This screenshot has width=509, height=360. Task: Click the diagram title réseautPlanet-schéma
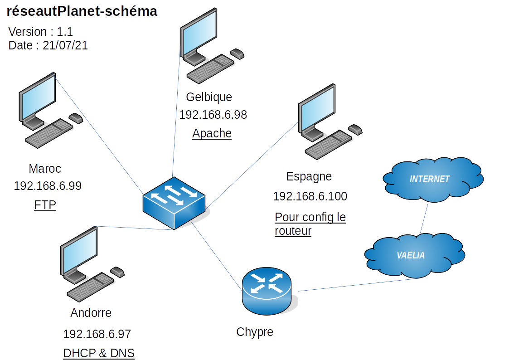click(x=82, y=12)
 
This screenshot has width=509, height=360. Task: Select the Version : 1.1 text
click(x=41, y=32)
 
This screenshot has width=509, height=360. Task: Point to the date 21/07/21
click(x=65, y=45)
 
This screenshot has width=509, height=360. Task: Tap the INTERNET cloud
click(x=430, y=179)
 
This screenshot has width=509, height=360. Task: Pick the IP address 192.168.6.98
click(x=213, y=115)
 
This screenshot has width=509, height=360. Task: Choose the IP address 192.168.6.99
click(x=48, y=186)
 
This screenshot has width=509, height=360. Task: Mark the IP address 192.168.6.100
click(x=310, y=196)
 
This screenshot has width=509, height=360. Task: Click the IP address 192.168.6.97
click(x=97, y=334)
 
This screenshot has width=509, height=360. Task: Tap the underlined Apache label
click(x=212, y=133)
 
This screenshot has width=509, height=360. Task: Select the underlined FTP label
click(x=45, y=205)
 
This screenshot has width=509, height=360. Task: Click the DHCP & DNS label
click(x=99, y=353)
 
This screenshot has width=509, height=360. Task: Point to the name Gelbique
click(x=209, y=97)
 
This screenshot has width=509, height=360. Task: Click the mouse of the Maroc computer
click(x=76, y=118)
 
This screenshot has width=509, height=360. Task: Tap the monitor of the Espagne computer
click(x=316, y=111)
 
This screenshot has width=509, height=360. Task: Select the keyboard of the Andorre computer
click(x=90, y=287)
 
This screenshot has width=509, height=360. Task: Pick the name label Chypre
click(x=255, y=332)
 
